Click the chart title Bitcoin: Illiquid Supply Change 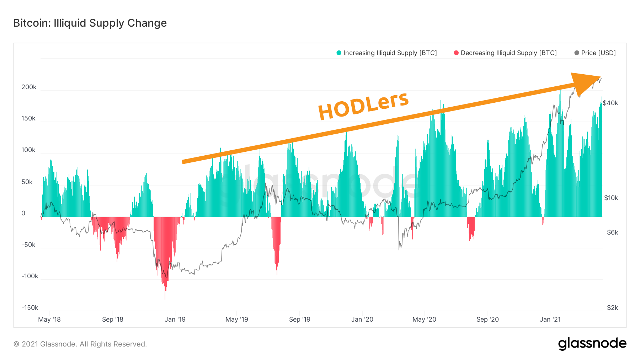[x=90, y=23]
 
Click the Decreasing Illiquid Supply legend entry [x=505, y=53]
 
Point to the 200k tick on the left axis [x=29, y=87]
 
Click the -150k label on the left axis [x=30, y=308]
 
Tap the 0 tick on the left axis [x=23, y=213]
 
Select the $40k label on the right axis [x=610, y=103]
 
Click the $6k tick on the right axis [x=612, y=232]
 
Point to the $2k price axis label [x=612, y=308]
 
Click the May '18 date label [x=49, y=319]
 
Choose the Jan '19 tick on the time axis [x=175, y=319]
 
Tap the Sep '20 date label [x=487, y=319]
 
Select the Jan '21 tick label [x=550, y=319]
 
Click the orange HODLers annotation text [x=363, y=106]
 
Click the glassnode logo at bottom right [x=592, y=344]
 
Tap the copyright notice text [x=80, y=344]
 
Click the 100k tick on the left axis [x=28, y=150]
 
